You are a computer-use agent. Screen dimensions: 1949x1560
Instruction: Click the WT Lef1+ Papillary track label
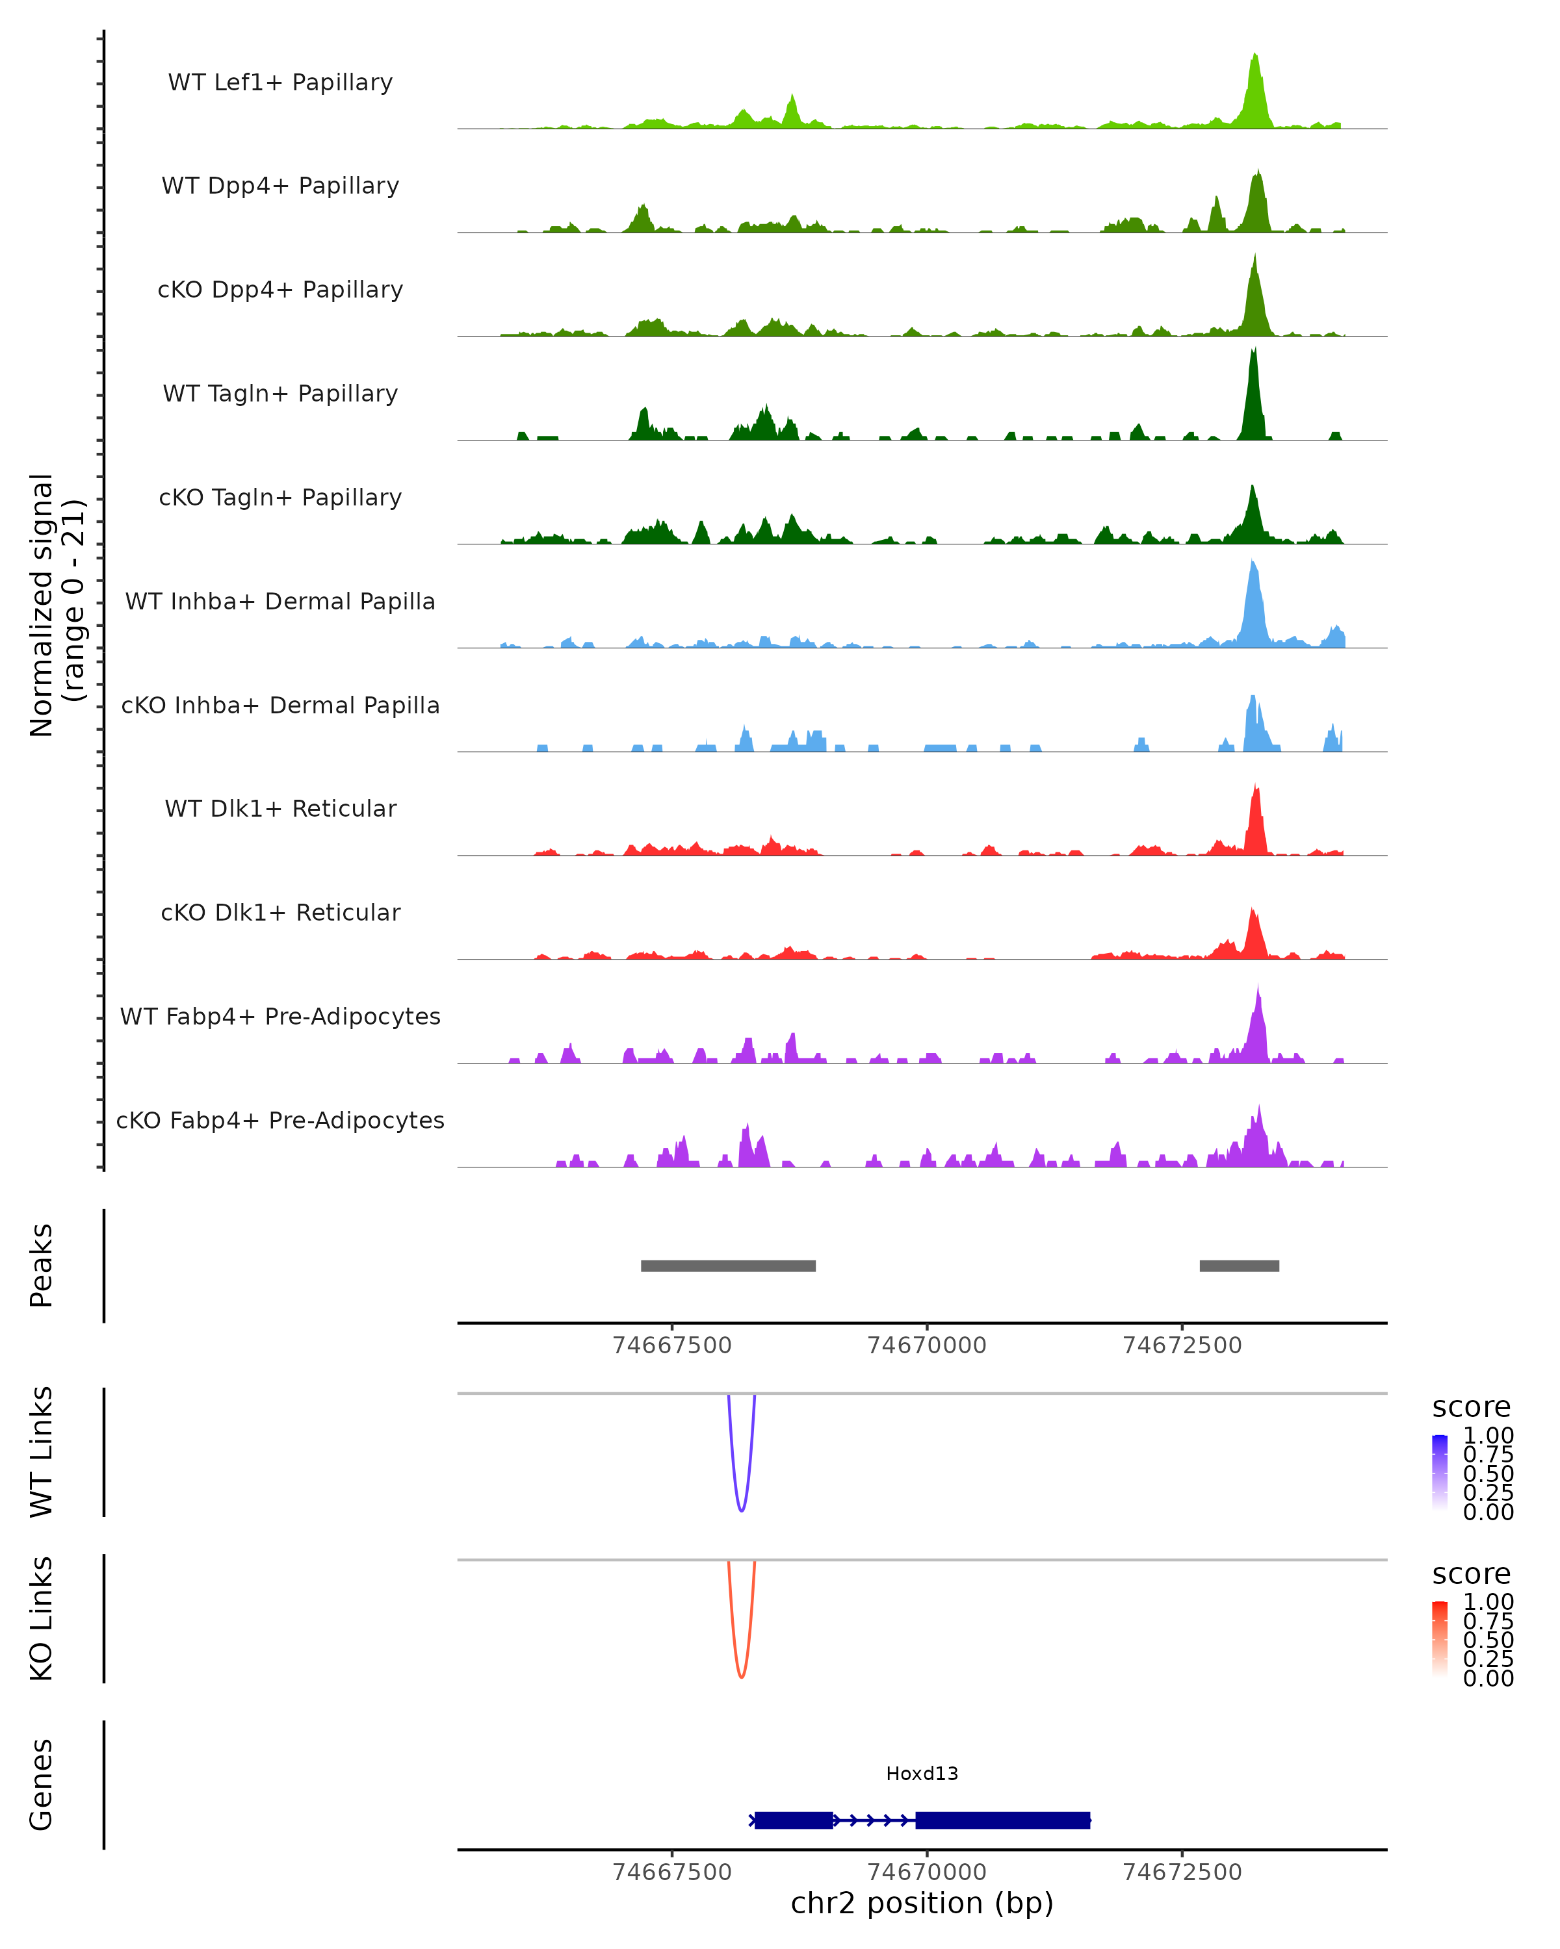(280, 83)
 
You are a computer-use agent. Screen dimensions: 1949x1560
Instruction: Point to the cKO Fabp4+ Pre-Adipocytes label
(280, 1120)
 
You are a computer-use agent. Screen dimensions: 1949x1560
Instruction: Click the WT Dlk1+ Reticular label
(280, 808)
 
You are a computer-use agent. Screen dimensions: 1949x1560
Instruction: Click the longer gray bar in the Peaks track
(728, 1266)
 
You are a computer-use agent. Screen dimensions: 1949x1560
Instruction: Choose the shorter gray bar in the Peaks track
(1239, 1266)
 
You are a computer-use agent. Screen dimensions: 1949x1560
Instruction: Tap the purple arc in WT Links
(742, 1510)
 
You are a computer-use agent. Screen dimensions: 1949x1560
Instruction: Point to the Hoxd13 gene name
(922, 1774)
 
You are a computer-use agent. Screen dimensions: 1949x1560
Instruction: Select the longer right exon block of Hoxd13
(1002, 1820)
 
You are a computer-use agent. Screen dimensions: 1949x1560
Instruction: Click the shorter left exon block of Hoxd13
(793, 1820)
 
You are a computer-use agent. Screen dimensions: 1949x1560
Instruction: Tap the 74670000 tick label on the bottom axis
(927, 1871)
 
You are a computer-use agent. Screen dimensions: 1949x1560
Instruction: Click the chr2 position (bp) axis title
(922, 1903)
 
